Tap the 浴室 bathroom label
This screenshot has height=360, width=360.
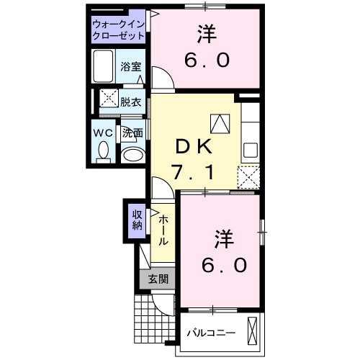pyautogui.click(x=131, y=66)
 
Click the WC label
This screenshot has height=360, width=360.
pyautogui.click(x=102, y=132)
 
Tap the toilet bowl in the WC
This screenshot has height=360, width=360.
pyautogui.click(x=102, y=152)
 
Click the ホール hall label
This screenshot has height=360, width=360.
pyautogui.click(x=163, y=230)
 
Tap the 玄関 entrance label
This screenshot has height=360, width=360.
pyautogui.click(x=158, y=279)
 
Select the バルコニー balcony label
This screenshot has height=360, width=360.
pyautogui.click(x=212, y=333)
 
